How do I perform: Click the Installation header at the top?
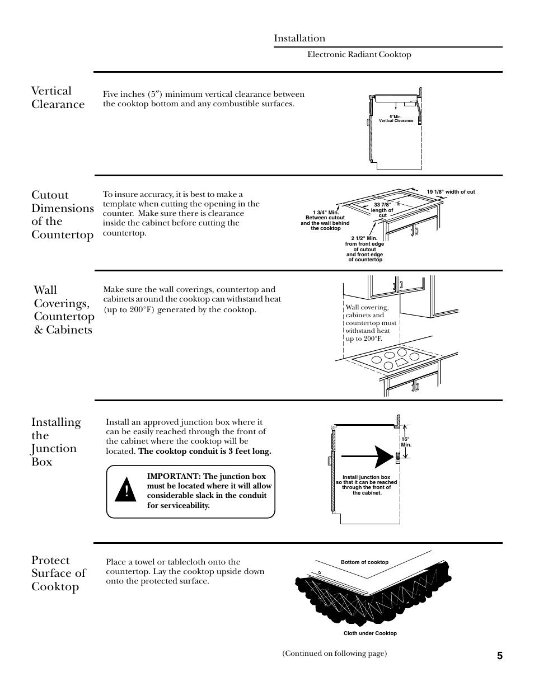click(299, 38)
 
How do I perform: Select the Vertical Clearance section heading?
click(58, 97)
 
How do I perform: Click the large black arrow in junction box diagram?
click(376, 456)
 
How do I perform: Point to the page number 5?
click(499, 656)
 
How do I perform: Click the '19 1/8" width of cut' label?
click(451, 192)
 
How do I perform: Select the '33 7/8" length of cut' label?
click(382, 210)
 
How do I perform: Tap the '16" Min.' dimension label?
click(406, 442)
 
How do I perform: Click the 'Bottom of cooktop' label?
click(364, 562)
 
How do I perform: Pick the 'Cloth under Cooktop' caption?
click(370, 633)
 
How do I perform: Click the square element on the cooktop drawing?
click(401, 363)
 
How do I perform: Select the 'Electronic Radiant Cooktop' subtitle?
click(359, 54)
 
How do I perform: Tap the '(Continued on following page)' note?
click(334, 654)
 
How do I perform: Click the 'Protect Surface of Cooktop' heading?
click(58, 573)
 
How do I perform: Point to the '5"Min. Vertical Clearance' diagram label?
click(396, 119)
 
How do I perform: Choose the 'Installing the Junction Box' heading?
click(56, 441)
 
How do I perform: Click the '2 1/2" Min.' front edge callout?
click(364, 249)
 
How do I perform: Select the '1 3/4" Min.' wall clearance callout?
click(325, 220)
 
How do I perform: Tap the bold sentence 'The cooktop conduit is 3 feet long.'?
click(205, 451)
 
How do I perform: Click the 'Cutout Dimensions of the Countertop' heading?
click(62, 214)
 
